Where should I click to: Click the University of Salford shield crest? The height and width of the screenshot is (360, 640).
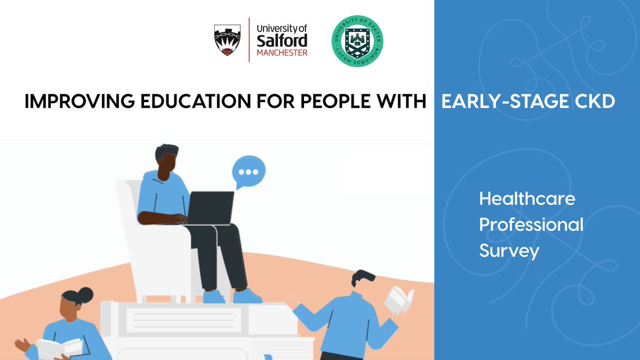coord(227,39)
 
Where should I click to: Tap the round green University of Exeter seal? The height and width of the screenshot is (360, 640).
coord(357,40)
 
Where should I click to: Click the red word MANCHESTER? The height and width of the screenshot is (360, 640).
coord(282,53)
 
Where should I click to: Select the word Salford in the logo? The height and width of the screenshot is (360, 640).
coord(282,40)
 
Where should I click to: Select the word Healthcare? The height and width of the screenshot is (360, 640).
coord(527,199)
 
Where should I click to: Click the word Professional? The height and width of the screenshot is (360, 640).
coord(531,225)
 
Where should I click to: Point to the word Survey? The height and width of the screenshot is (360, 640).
coord(509,250)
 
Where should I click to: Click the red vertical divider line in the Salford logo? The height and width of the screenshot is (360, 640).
coord(249,39)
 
